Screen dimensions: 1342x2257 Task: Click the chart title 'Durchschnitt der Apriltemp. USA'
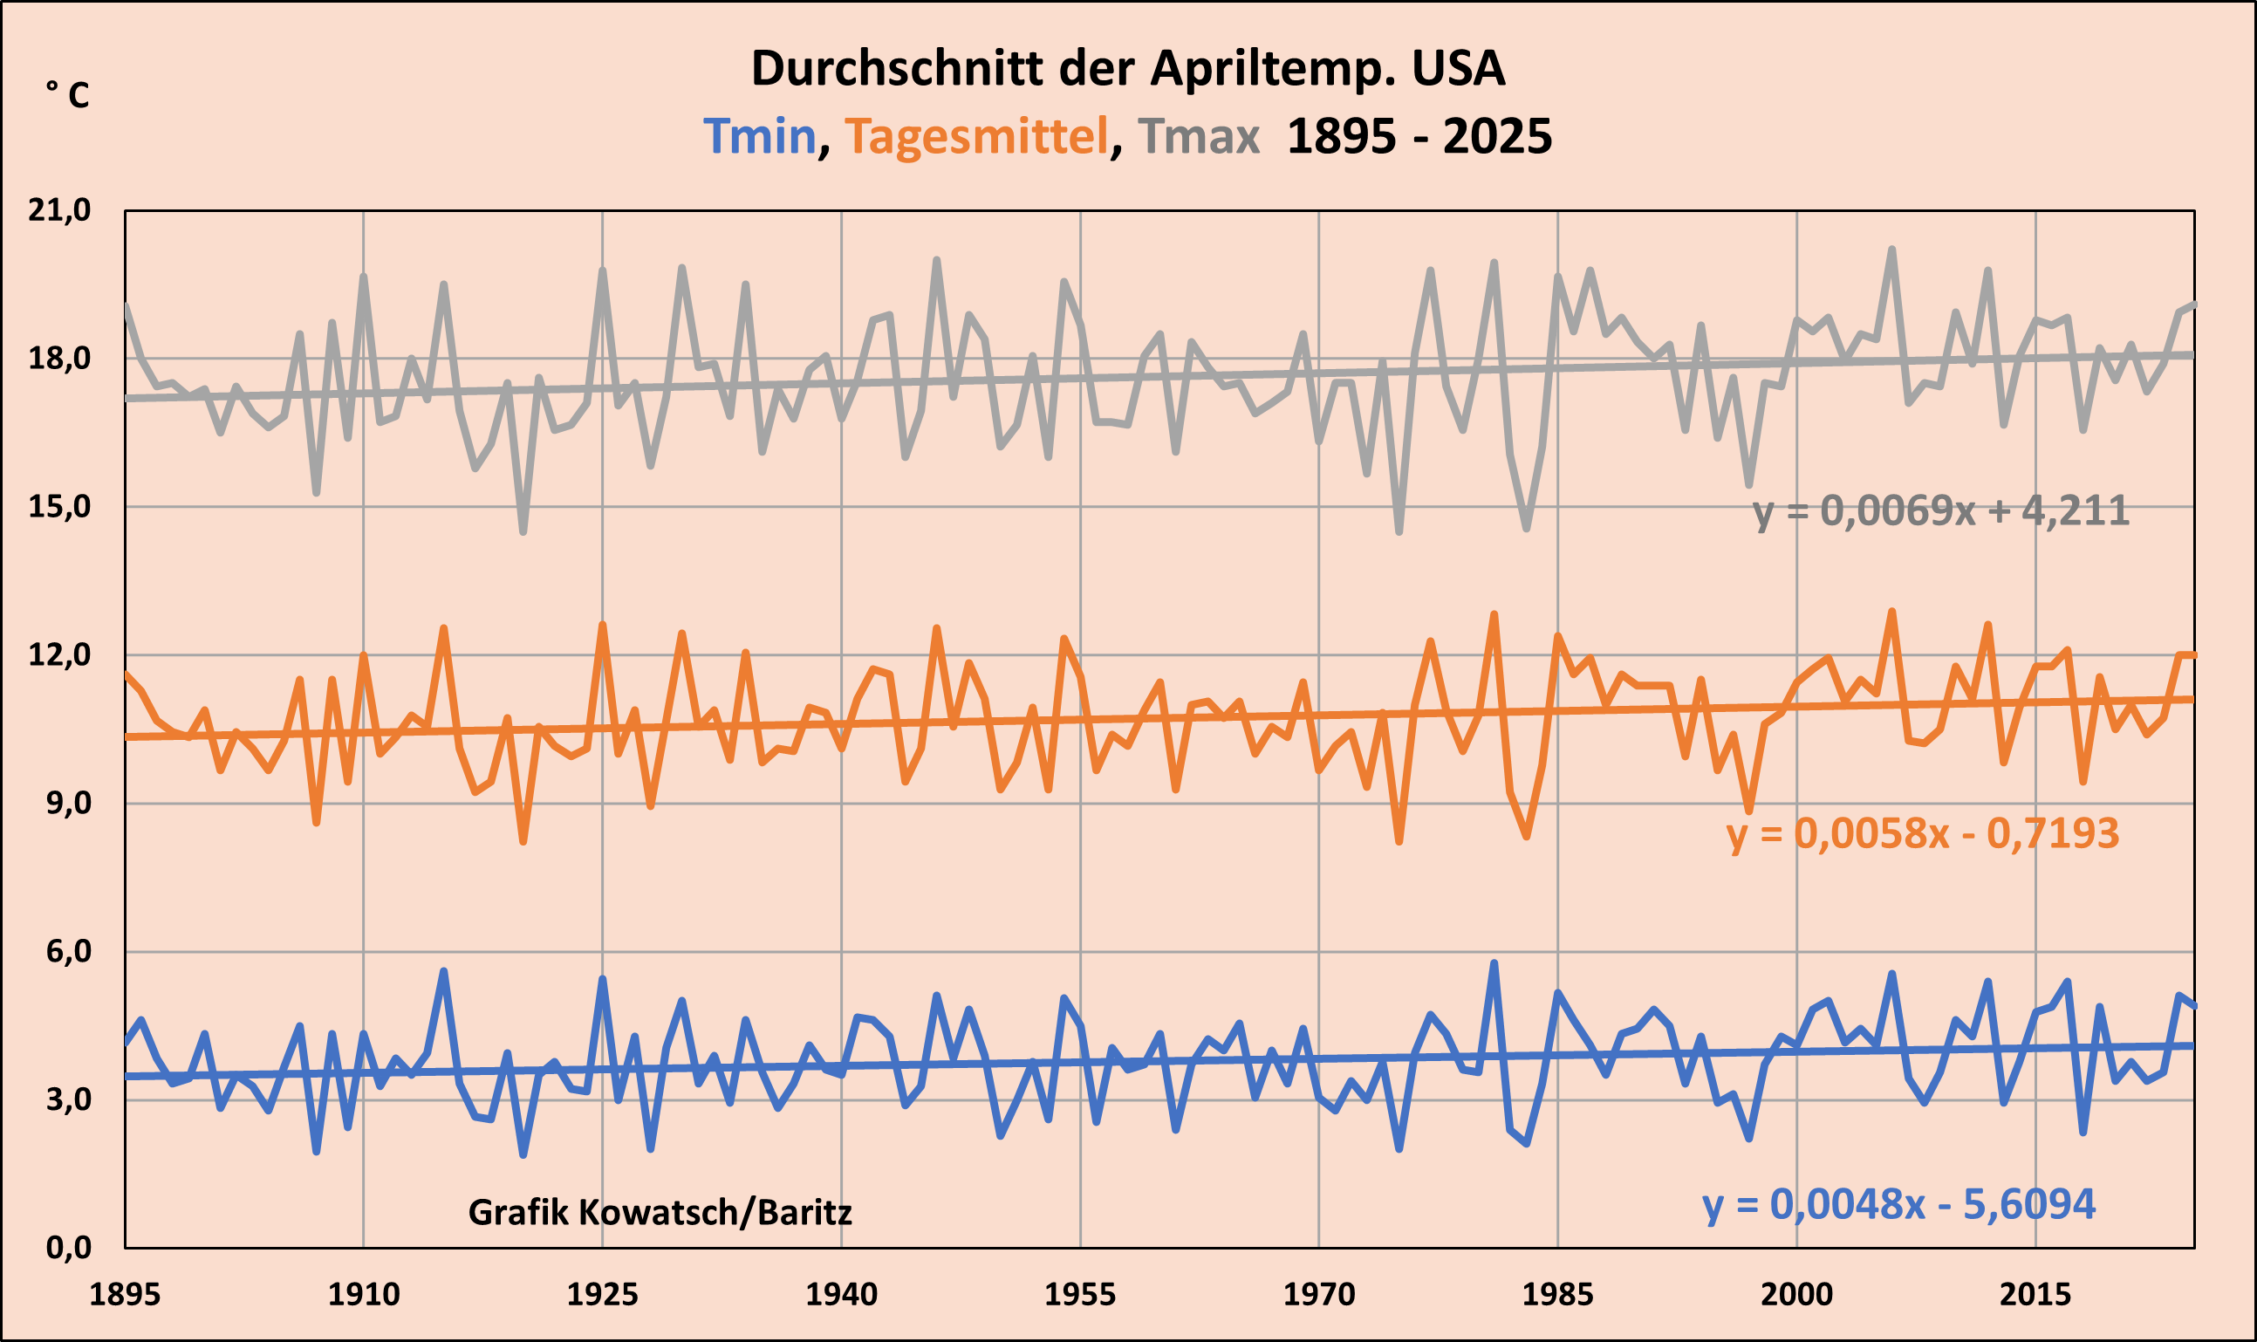[1128, 69]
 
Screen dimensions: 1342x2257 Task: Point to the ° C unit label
[68, 94]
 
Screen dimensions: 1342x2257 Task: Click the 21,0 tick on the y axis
[59, 210]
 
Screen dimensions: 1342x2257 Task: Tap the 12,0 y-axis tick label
[59, 654]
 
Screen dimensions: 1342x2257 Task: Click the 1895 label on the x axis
[125, 1295]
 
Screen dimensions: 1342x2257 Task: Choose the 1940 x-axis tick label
[841, 1295]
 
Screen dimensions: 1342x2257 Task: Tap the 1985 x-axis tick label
[1557, 1295]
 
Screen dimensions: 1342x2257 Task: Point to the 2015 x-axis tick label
[2035, 1295]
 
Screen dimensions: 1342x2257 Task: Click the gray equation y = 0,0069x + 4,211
[1940, 512]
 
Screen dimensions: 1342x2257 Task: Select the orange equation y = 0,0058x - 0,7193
[1923, 834]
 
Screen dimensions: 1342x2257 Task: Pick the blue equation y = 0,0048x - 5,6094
[1898, 1204]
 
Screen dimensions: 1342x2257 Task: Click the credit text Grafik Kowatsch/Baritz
[660, 1213]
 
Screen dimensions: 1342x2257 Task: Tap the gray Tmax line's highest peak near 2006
[1891, 250]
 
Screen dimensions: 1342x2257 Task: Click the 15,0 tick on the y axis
[59, 506]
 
